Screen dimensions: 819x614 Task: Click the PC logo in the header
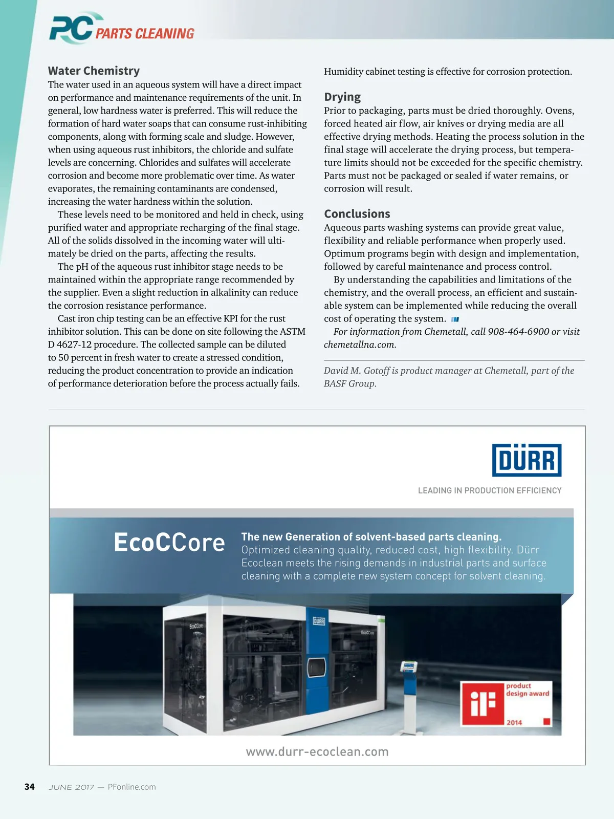tap(72, 28)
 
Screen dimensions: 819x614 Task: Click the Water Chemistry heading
tap(94, 71)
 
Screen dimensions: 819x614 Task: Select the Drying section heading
tap(342, 97)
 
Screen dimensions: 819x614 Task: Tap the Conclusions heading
tap(357, 214)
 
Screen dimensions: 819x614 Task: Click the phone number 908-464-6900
tap(518, 332)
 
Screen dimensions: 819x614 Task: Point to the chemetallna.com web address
tap(359, 344)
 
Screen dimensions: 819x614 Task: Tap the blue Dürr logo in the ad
tap(527, 460)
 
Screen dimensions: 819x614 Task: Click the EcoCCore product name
tap(169, 543)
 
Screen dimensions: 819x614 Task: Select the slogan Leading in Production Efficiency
tap(490, 490)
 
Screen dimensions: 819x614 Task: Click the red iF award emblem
tap(483, 703)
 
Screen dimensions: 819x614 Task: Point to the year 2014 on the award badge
tap(514, 722)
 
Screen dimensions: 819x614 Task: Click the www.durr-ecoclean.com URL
tap(317, 752)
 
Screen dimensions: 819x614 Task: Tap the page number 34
tap(30, 787)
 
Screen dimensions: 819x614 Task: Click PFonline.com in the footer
tap(132, 787)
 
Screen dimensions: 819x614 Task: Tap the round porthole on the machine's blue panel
tap(316, 667)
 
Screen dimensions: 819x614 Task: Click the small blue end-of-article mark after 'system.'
tap(455, 319)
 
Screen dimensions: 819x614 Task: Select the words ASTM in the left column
tap(292, 332)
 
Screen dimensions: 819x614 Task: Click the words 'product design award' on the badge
tap(527, 689)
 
